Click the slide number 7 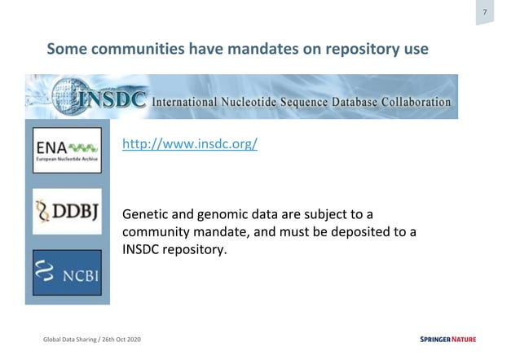point(485,12)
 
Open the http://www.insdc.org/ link point(189,144)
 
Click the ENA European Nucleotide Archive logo point(67,150)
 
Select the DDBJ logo point(67,212)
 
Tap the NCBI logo point(67,273)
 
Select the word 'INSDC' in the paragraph point(142,250)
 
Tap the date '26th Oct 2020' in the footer point(127,339)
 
